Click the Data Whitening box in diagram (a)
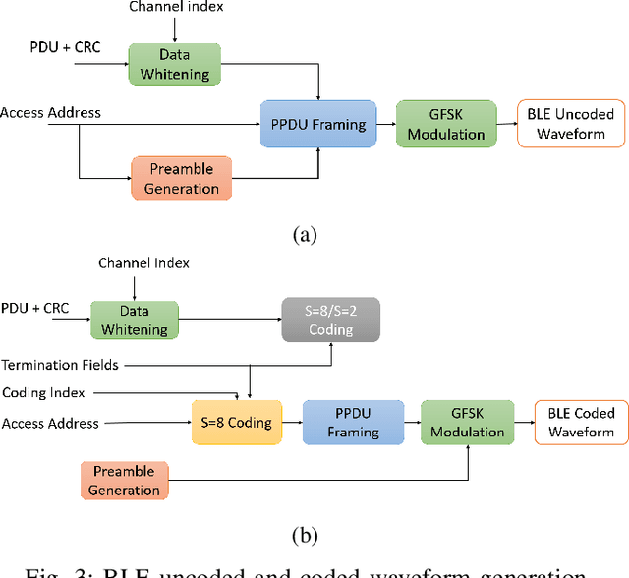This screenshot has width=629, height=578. [175, 63]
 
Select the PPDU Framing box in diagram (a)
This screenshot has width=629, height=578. [317, 124]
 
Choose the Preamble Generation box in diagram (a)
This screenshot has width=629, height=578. [181, 177]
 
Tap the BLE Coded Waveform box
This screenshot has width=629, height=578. [575, 423]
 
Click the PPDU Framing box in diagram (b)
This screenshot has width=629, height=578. [353, 423]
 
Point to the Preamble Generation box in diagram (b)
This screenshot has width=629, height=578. [124, 481]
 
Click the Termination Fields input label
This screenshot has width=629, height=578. [60, 365]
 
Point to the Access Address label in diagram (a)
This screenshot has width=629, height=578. [50, 113]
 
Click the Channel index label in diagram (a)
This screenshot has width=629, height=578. [177, 8]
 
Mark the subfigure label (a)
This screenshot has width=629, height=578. [306, 234]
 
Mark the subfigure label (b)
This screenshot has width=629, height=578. [306, 535]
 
